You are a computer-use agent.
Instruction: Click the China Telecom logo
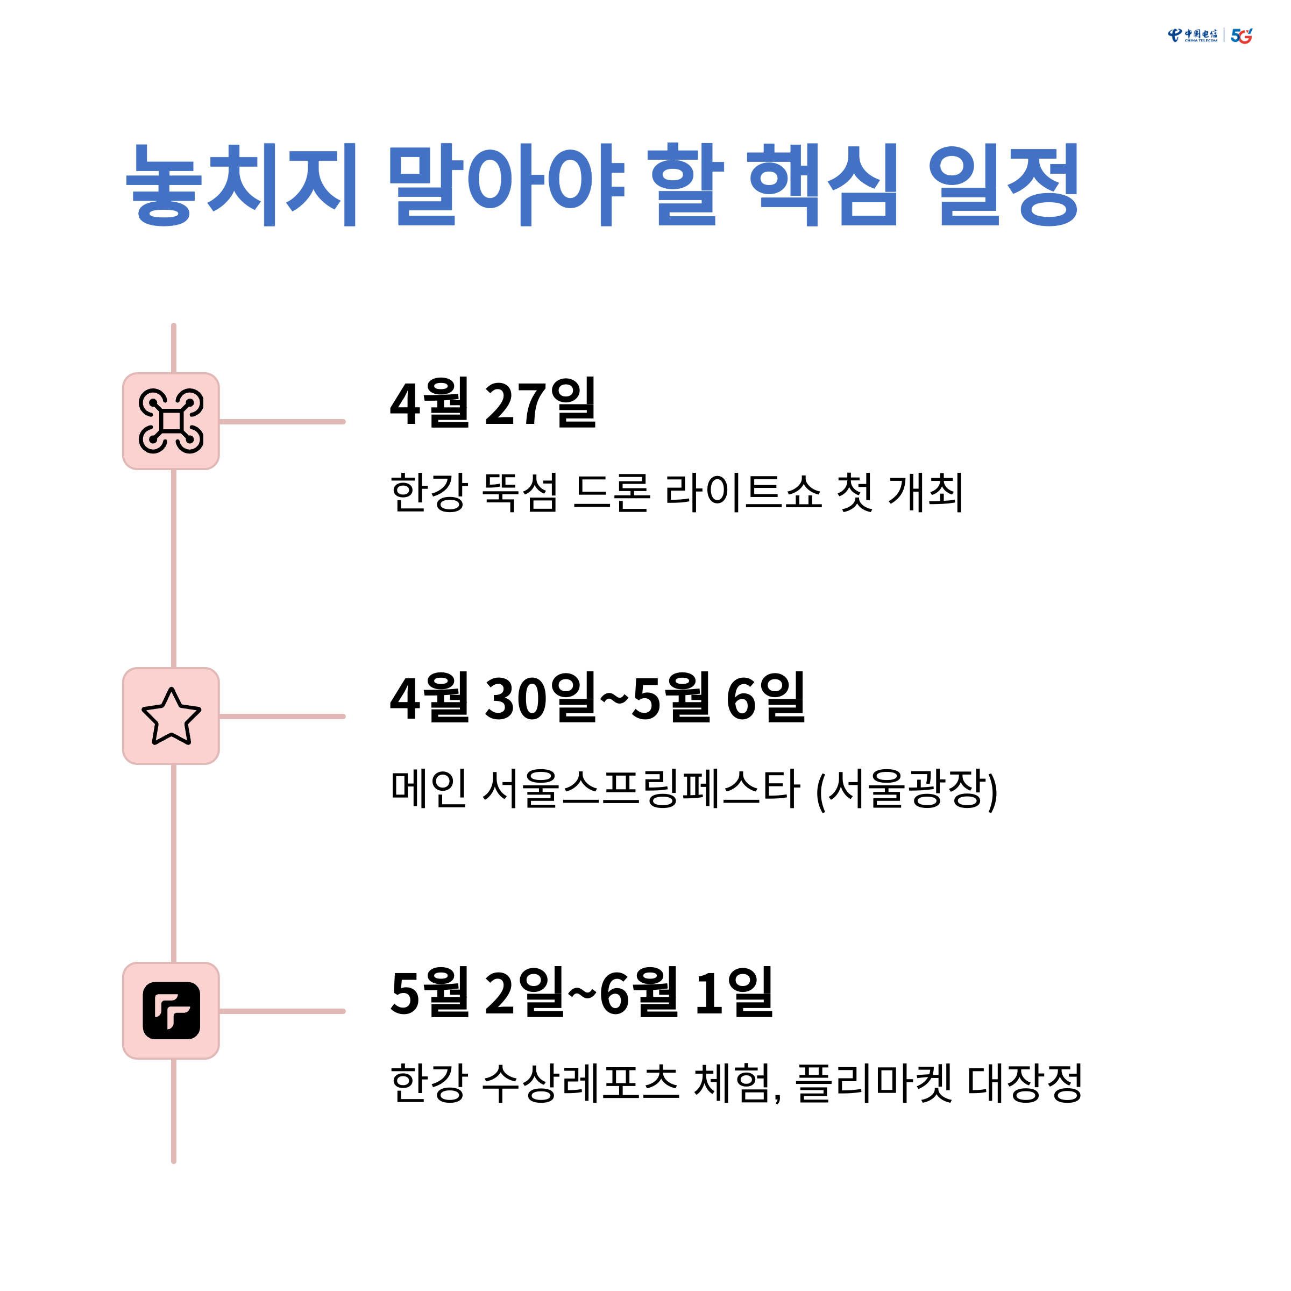(x=1192, y=36)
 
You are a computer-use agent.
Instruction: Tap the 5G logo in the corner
(x=1241, y=36)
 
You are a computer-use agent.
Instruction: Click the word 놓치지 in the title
(x=241, y=185)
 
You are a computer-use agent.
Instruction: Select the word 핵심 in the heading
(x=822, y=185)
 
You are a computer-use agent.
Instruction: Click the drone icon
(x=171, y=421)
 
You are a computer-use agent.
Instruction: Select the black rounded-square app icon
(x=171, y=1010)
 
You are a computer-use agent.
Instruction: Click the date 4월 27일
(x=493, y=403)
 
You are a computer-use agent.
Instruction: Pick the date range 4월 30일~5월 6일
(x=598, y=698)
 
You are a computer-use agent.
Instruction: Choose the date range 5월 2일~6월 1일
(x=581, y=993)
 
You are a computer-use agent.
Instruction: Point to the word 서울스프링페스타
(x=641, y=788)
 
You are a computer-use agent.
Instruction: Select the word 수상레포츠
(x=580, y=1082)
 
